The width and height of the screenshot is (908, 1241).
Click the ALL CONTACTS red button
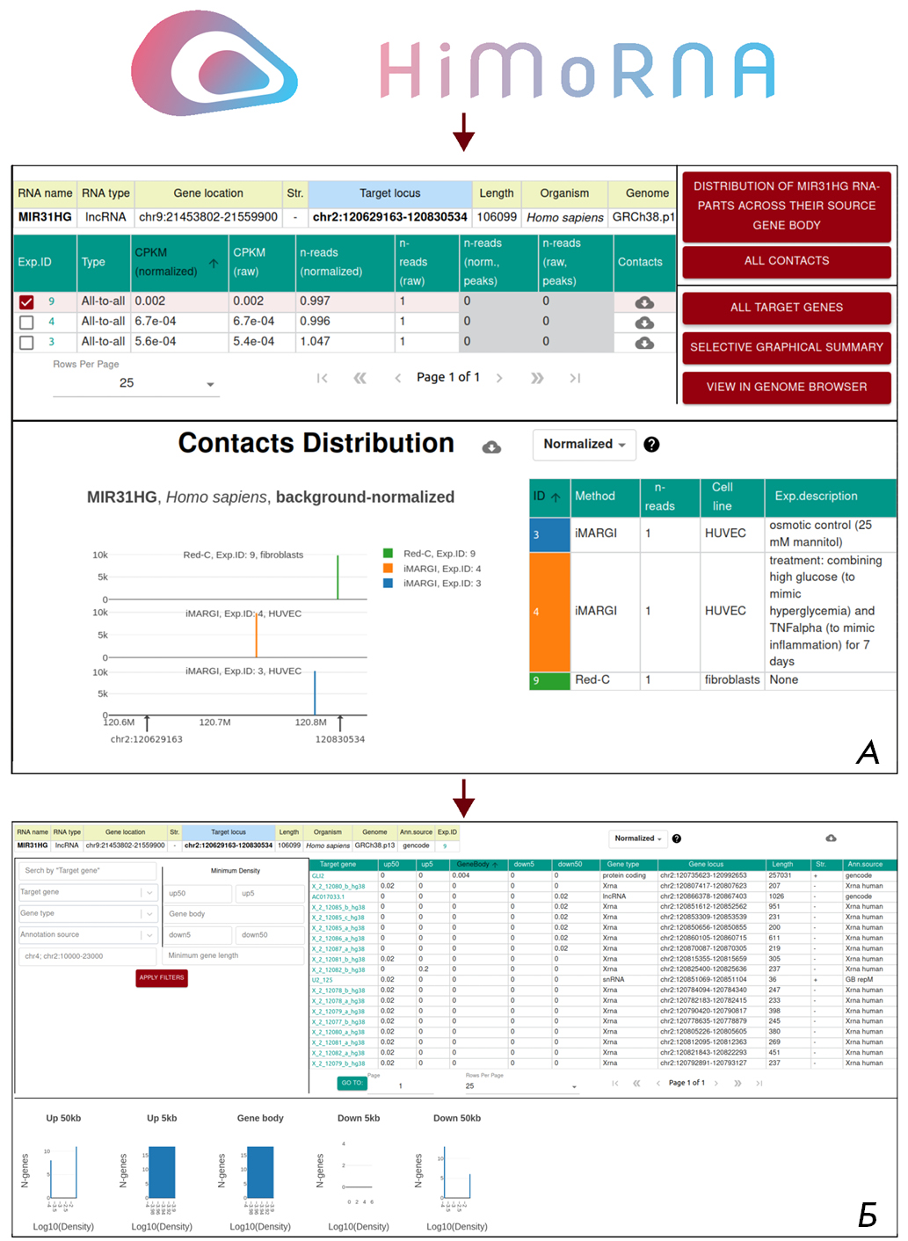pyautogui.click(x=786, y=261)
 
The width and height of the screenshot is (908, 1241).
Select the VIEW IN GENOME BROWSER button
pyautogui.click(x=786, y=387)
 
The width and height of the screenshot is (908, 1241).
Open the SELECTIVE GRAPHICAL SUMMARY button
pyautogui.click(x=786, y=347)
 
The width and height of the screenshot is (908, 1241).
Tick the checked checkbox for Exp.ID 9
pyautogui.click(x=26, y=301)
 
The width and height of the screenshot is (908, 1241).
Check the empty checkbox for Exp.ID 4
pyautogui.click(x=26, y=323)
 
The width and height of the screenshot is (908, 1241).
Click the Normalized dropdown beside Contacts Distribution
pyautogui.click(x=584, y=445)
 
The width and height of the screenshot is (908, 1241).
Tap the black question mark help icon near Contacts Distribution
pyautogui.click(x=651, y=445)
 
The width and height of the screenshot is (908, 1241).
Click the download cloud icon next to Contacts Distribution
pyautogui.click(x=492, y=447)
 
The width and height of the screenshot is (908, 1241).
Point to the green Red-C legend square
pyautogui.click(x=388, y=554)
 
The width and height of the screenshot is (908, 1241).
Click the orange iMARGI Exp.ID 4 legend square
pyautogui.click(x=388, y=569)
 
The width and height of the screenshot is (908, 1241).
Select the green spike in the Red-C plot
pyautogui.click(x=338, y=577)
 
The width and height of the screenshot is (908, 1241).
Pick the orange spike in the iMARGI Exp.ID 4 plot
pyautogui.click(x=257, y=635)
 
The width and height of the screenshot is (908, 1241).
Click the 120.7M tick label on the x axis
pyautogui.click(x=214, y=722)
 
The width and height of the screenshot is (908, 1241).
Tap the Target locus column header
pyautogui.click(x=389, y=193)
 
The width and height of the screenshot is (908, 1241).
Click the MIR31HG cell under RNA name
pyautogui.click(x=45, y=217)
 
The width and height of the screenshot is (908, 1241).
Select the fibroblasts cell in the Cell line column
pyautogui.click(x=731, y=680)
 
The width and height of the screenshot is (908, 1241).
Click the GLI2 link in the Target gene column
pyautogui.click(x=318, y=875)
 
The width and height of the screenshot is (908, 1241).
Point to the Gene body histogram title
pyautogui.click(x=260, y=1118)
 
